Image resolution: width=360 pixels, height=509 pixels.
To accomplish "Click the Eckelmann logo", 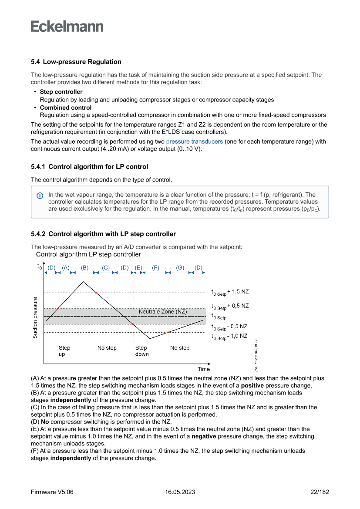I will pos(67,26).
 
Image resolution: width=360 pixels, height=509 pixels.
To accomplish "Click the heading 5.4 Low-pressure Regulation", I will pos(76,62).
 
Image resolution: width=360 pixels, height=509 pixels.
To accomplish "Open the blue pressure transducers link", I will pos(195,142).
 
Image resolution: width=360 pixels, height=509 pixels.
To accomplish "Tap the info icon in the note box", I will pos(40,196).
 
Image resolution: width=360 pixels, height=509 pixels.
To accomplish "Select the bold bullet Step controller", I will pos(61,92).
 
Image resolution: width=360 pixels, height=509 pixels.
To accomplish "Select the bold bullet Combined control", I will pos(66,108).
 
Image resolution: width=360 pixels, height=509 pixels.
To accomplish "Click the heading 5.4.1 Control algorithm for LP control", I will pos(90,166).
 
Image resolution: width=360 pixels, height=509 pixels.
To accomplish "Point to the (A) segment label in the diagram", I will pos(66,267).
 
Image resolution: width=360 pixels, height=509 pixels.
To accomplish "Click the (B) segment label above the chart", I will pos(85,267).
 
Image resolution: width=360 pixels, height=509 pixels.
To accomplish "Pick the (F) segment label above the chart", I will pos(155,267).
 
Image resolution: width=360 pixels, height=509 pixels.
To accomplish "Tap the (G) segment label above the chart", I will pos(180,267).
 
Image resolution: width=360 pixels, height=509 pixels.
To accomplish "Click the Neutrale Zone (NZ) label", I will pos(163,312).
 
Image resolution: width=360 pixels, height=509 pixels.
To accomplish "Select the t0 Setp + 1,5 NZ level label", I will pos(230,292).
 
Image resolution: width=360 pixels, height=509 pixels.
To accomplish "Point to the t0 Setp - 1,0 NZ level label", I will pos(229,337).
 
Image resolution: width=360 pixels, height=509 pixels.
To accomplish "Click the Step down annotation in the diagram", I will pos(141,351).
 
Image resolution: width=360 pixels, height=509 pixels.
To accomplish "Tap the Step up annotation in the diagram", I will pos(64,351).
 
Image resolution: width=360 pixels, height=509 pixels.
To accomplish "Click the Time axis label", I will pos(204,369).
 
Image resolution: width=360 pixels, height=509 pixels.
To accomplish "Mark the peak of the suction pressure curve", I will pos(84,282).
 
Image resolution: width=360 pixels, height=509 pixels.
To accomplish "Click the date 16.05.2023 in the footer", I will pos(180,492).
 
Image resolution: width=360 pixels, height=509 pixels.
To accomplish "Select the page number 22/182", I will pos(320,492).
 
